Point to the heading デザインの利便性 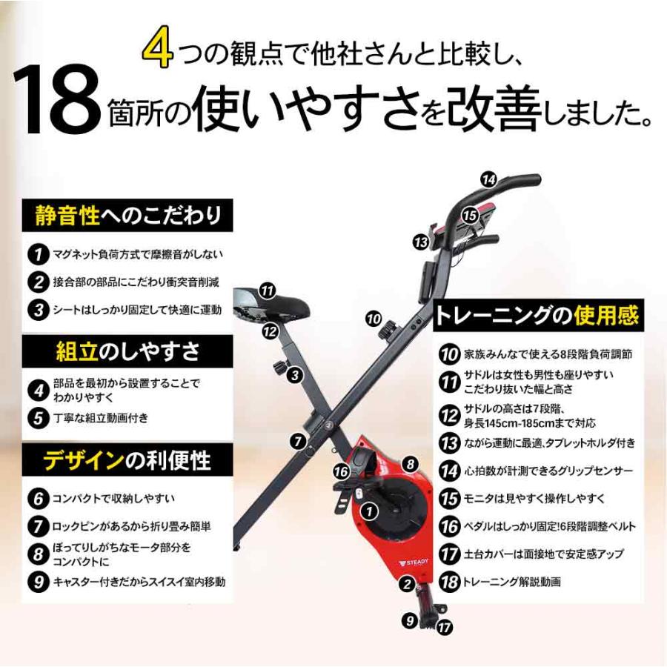[127, 460]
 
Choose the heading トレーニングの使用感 [538, 316]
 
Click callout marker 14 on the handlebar [488, 179]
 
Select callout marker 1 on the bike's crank [369, 511]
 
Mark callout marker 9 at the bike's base [411, 621]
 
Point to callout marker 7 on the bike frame [297, 441]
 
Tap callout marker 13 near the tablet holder [421, 242]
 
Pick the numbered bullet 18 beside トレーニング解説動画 [449, 581]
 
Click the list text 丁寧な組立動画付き [101, 417]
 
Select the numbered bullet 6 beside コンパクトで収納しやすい [38, 497]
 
